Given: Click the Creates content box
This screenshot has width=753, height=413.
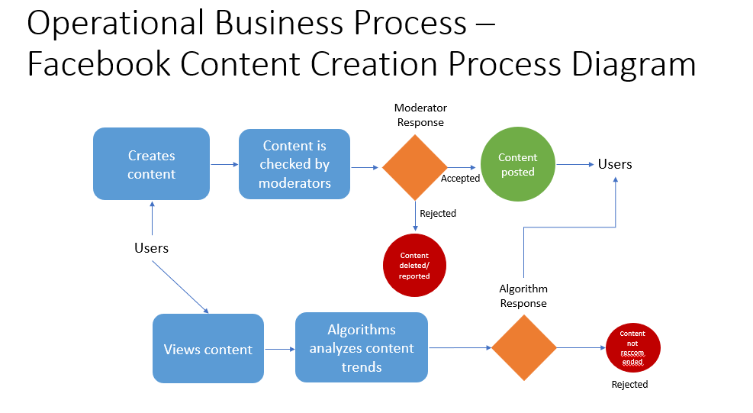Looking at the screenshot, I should [x=151, y=164].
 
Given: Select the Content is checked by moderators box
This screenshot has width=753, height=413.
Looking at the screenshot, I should [x=294, y=164].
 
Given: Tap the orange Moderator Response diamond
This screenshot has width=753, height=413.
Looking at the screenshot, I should [x=415, y=167].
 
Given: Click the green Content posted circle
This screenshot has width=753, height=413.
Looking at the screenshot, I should [x=518, y=165].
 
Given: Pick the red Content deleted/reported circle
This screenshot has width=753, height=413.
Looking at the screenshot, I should [x=414, y=266].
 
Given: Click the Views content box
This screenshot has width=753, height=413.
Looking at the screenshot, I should [x=208, y=349].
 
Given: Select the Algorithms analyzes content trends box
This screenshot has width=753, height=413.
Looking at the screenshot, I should [x=362, y=348].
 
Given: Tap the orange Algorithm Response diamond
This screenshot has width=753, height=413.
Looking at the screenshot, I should [x=524, y=348].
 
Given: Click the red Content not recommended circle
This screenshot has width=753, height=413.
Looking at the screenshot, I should [x=632, y=348].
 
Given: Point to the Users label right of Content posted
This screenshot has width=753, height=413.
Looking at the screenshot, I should [x=615, y=164].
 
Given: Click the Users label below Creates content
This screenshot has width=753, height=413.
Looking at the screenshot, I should [x=151, y=248].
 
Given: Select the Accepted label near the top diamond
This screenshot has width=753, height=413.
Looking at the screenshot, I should [x=460, y=179].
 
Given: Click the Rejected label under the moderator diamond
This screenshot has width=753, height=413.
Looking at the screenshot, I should [x=438, y=214].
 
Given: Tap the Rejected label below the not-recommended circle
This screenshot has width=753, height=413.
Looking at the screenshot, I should [x=629, y=385].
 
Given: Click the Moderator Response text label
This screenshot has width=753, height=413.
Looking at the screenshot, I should [x=420, y=115].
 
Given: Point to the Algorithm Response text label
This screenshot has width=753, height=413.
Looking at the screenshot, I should [x=523, y=296].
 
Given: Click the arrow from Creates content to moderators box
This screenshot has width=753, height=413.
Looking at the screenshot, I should [x=224, y=164].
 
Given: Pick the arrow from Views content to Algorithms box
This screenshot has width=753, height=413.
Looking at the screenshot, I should [x=279, y=349].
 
